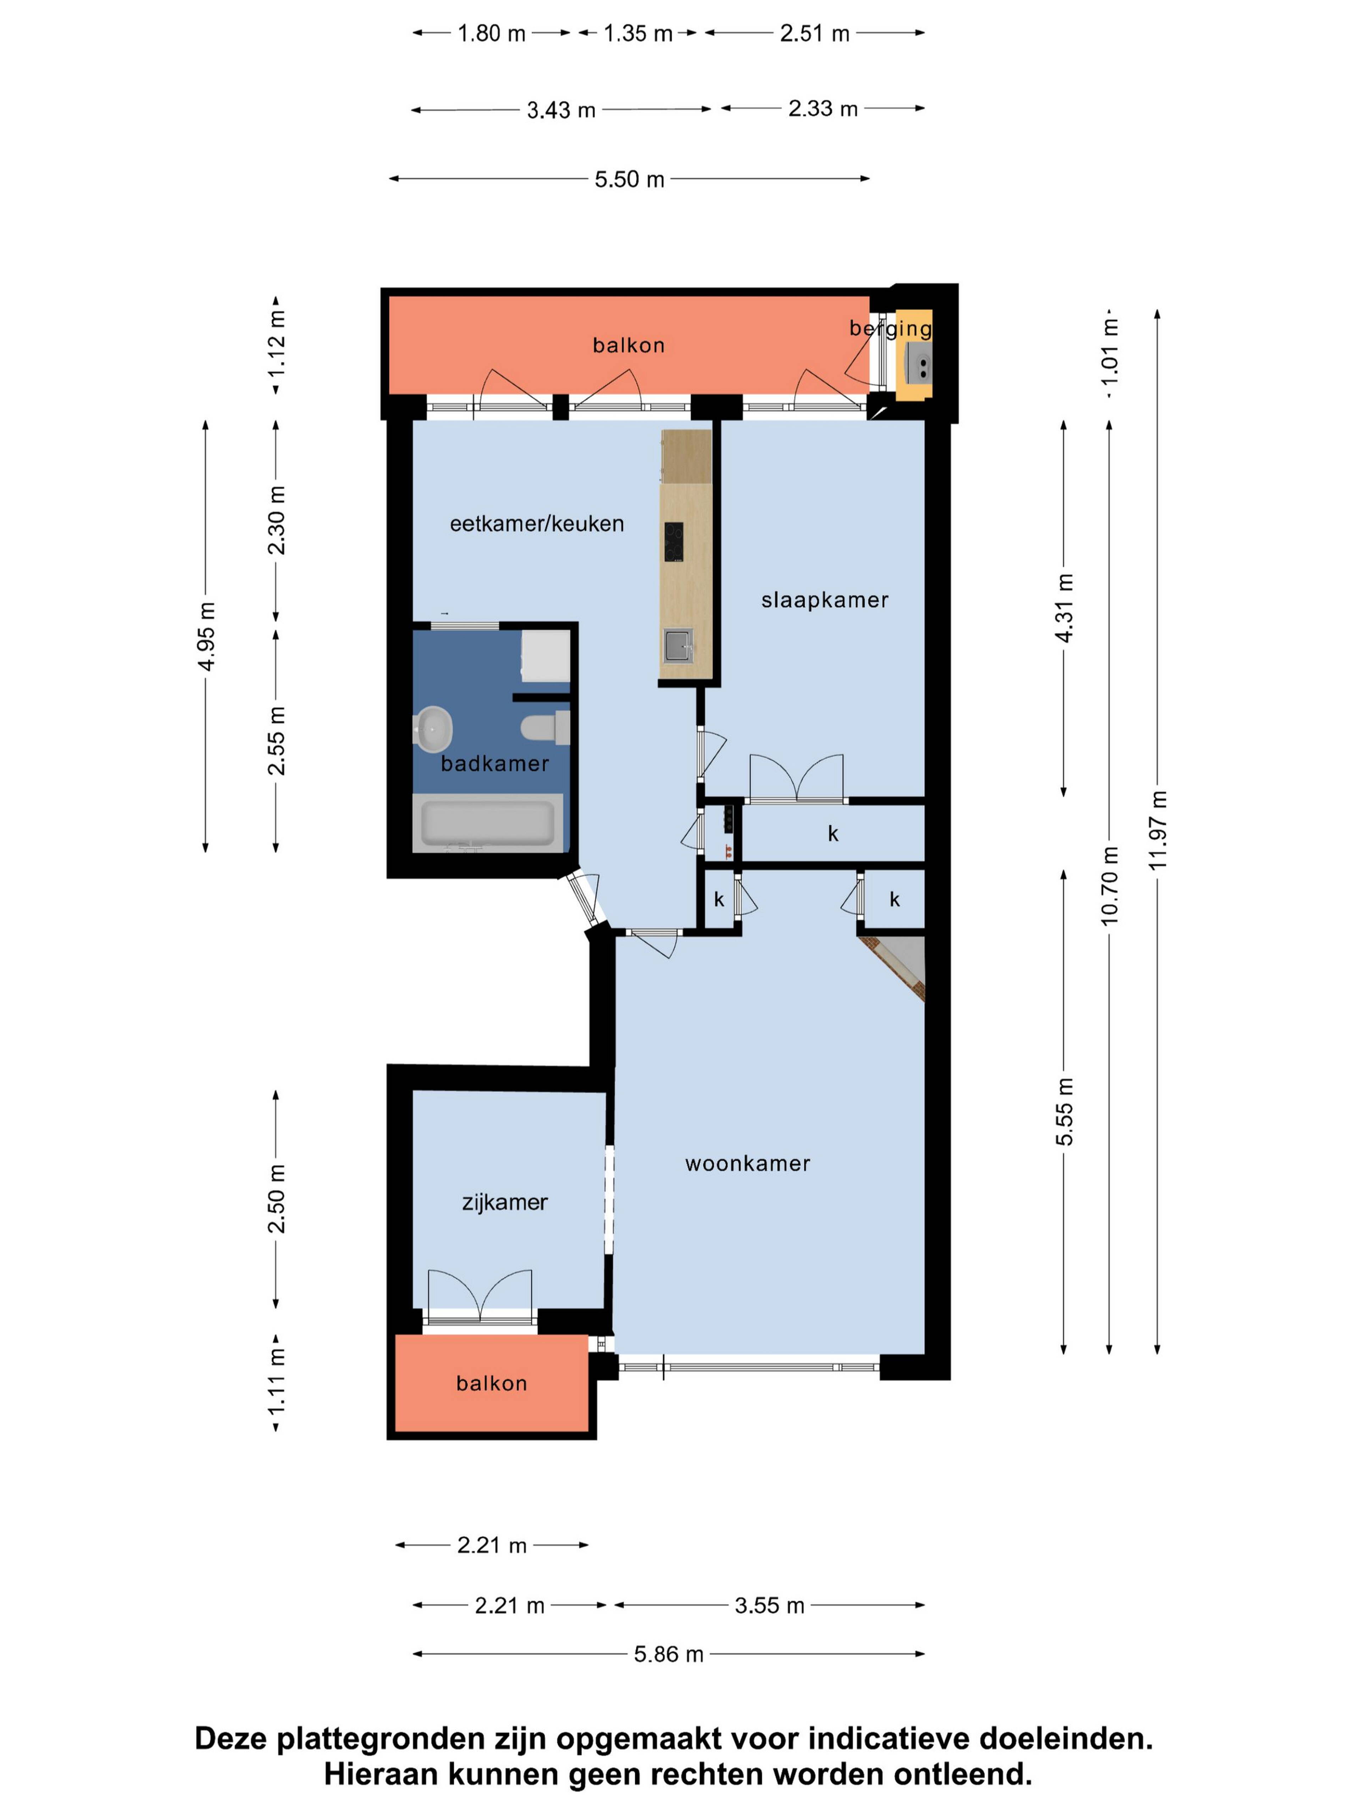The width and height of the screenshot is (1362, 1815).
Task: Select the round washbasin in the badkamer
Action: coord(433,728)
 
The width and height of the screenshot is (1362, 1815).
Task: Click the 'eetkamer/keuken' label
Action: coord(537,524)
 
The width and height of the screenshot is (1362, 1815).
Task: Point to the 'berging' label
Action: coord(891,329)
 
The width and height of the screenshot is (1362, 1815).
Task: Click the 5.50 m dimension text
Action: coord(630,179)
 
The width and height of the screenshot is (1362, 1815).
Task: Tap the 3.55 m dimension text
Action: coord(769,1605)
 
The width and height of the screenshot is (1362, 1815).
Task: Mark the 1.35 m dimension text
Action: coord(638,34)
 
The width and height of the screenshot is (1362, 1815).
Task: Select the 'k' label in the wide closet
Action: coord(833,834)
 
